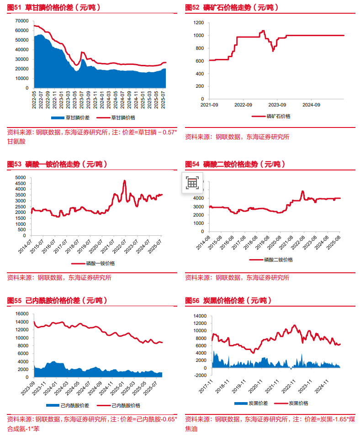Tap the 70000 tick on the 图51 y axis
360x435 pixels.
(22, 21)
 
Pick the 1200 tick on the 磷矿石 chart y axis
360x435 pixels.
(198, 22)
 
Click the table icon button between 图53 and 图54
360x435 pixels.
(192, 183)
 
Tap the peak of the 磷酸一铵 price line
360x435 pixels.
(124, 181)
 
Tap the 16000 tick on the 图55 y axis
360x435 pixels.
(22, 314)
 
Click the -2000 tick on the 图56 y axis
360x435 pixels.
(199, 376)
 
